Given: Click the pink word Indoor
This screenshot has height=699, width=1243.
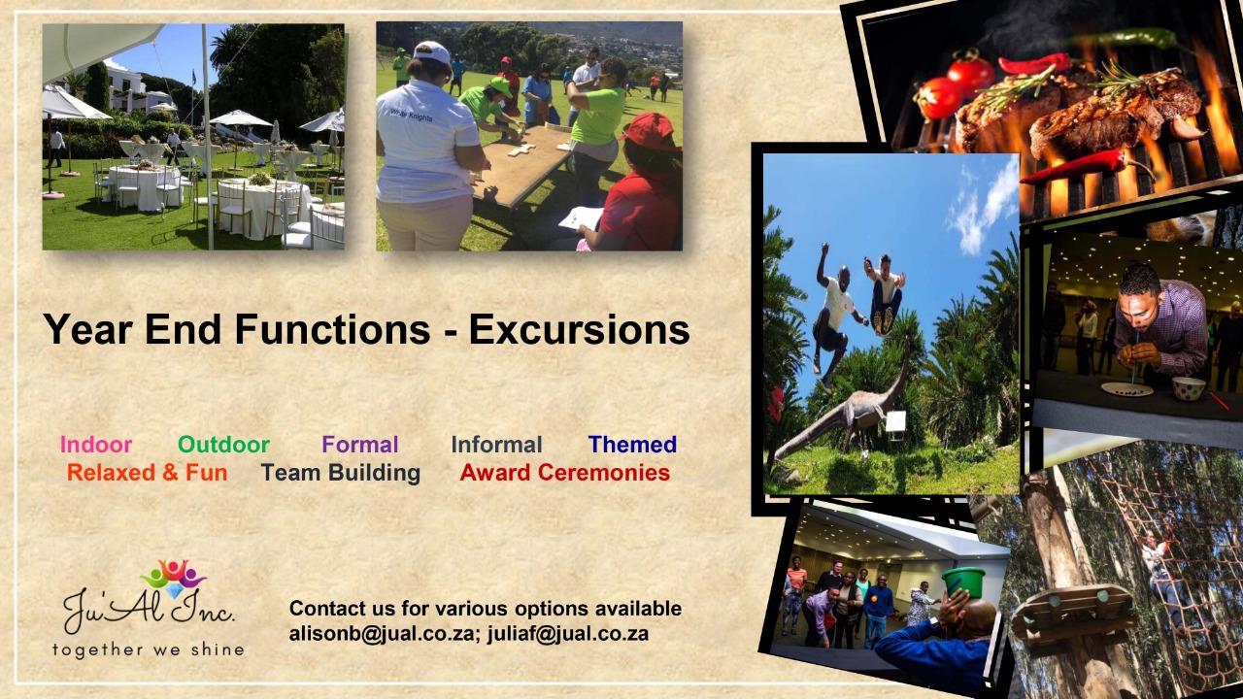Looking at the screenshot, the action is point(96,445).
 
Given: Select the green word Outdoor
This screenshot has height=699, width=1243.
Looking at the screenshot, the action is point(223,445).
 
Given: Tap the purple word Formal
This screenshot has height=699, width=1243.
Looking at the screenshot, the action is point(360,445).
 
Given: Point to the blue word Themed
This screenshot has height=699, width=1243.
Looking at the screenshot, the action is point(632,445).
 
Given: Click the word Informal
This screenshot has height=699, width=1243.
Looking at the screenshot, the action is point(496,445).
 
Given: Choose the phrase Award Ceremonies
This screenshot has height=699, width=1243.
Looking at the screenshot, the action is point(565,473).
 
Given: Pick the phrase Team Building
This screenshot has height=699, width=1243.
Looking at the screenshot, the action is point(341,473).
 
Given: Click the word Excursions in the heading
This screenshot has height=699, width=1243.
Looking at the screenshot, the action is point(580,329).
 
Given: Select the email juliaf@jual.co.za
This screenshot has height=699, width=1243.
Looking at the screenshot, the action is point(568,634).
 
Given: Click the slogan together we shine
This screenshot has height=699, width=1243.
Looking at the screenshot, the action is point(149,649).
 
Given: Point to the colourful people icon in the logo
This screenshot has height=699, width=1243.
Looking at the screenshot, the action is point(174,577).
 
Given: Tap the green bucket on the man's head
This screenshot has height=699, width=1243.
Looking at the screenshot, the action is point(963,582).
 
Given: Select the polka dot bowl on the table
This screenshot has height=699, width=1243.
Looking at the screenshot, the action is point(1189,387).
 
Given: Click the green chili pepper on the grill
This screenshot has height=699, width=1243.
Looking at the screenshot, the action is point(1126,39).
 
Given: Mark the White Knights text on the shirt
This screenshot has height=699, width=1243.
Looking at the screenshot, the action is point(411,115).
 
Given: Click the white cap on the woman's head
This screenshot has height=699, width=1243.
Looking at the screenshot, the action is point(432,52).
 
